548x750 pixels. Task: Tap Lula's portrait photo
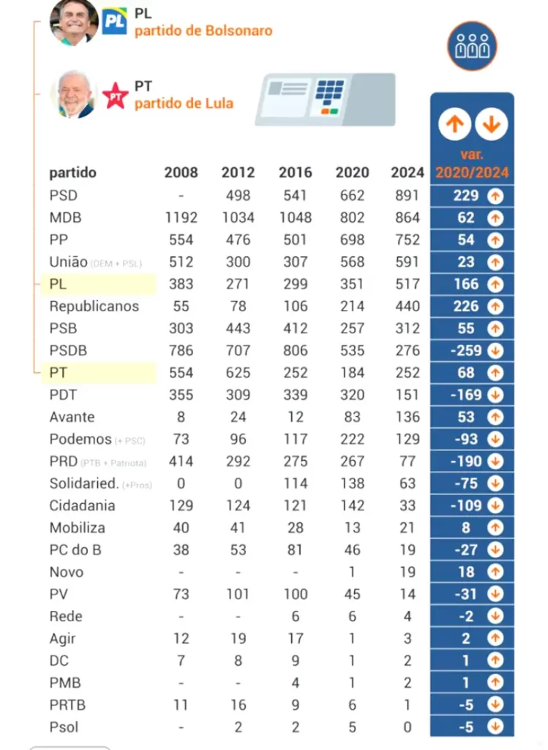(74, 94)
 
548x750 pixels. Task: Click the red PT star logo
(115, 95)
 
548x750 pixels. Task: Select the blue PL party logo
(115, 21)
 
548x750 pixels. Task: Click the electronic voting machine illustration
(325, 99)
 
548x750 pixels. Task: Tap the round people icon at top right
(472, 46)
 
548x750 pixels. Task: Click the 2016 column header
(295, 173)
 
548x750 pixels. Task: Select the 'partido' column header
(73, 173)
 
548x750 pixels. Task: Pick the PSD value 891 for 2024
(407, 196)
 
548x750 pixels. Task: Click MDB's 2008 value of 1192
(181, 218)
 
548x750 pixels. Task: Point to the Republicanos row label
(94, 306)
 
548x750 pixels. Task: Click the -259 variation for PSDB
(466, 350)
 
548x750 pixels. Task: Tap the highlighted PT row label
(59, 373)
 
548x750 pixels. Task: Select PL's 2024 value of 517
(407, 284)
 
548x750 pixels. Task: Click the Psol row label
(64, 727)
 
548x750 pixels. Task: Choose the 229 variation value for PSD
(466, 196)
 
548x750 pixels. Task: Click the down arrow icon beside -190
(495, 461)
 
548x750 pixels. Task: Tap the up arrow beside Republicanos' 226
(495, 306)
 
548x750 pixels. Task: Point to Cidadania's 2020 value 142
(352, 505)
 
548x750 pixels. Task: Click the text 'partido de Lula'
(184, 103)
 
